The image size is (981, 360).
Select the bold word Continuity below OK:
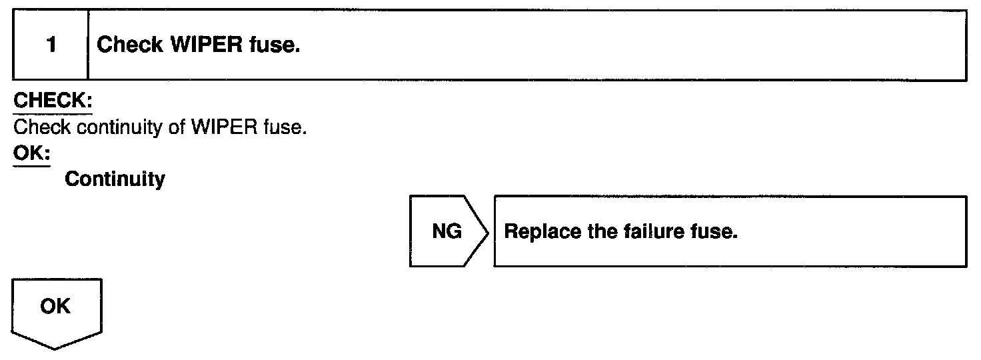coord(115,179)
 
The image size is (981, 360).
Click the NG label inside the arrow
coord(446,233)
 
